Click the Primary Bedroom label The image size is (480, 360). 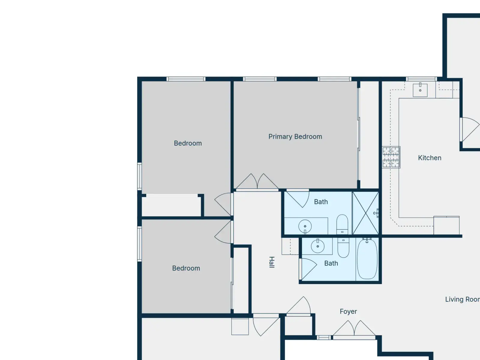(295, 136)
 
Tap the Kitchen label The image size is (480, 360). (430, 158)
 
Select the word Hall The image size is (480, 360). (271, 262)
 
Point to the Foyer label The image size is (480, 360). (348, 311)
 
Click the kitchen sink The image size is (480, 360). (420, 90)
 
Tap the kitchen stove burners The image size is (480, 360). (391, 157)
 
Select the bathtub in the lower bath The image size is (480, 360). (367, 259)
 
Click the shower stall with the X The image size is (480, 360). (366, 213)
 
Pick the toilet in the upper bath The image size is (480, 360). (342, 224)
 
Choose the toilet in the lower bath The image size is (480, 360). (343, 248)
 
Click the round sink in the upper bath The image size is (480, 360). (305, 226)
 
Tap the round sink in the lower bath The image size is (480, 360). (317, 246)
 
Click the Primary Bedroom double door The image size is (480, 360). (257, 181)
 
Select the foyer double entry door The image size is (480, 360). (354, 328)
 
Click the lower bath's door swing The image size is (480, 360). (309, 269)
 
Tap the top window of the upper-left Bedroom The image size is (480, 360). (186, 79)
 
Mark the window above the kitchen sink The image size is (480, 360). (421, 79)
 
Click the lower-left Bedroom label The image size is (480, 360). (186, 268)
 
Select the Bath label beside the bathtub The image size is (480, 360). (331, 263)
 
